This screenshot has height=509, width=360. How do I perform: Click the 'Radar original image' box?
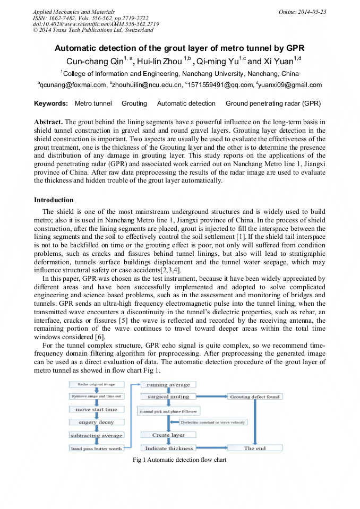(97, 384)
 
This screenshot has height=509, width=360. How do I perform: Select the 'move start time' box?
(97, 409)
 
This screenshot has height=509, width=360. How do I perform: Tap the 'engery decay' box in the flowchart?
(97, 422)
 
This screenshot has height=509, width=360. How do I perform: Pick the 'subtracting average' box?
(97, 435)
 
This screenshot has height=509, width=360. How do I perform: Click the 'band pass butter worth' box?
(97, 448)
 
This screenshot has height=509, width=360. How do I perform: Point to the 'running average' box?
(168, 384)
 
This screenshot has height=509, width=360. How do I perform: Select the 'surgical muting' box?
(168, 396)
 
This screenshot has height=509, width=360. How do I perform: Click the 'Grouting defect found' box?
(255, 396)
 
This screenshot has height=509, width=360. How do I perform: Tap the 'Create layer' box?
(168, 435)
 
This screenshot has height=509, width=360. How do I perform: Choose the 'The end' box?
(255, 448)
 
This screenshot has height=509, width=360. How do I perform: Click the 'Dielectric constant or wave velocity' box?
(213, 422)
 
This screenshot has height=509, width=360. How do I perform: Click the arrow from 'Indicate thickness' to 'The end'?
(212, 448)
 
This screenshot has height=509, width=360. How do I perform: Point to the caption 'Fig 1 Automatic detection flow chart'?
(179, 460)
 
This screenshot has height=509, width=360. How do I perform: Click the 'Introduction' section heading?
(54, 200)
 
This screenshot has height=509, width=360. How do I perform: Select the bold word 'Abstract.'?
(48, 122)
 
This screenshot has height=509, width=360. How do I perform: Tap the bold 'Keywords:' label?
(51, 103)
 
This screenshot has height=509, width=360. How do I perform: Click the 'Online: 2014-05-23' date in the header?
(302, 12)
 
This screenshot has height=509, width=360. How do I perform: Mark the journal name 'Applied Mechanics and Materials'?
(73, 12)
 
